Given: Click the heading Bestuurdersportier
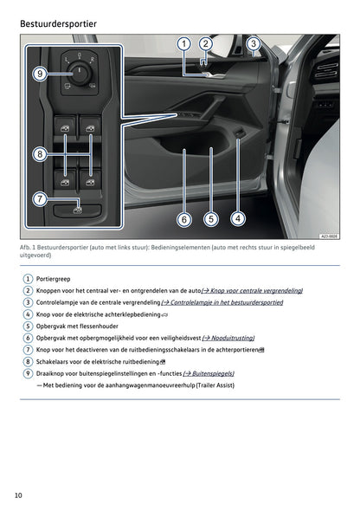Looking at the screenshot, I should point(58,23).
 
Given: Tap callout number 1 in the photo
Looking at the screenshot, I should point(183,43).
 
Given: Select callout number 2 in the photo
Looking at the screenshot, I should point(205,43).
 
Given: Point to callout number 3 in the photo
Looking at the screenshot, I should point(253,43).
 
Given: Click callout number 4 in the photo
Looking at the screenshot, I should point(237,218).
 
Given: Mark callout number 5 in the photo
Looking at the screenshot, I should point(210,219).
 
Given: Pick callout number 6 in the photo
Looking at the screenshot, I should point(183,219).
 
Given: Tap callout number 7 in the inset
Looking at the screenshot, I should point(40,199).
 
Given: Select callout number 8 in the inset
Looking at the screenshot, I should point(39,154).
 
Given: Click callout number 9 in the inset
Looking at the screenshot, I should point(40,74).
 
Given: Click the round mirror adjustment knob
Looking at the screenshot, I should point(80,74).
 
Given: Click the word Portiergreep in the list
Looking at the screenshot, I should point(54,278).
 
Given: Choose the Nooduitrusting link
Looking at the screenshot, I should point(231,338).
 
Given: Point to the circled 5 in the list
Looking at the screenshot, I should point(28,326).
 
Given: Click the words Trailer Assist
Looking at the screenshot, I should point(213,385).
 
